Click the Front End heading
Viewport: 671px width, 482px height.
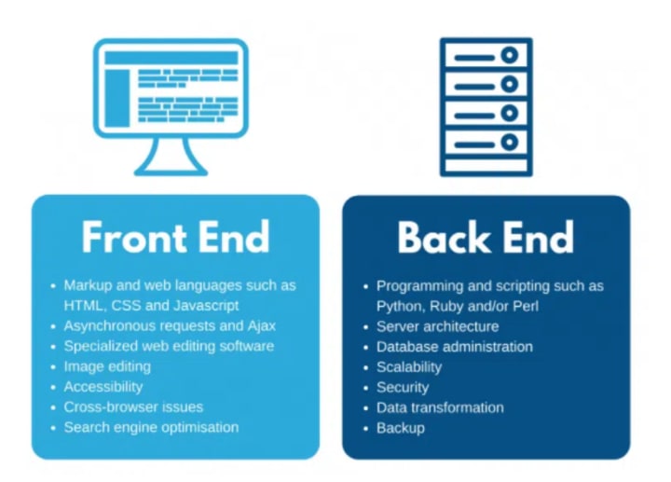coord(175,238)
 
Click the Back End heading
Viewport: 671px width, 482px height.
coord(486,238)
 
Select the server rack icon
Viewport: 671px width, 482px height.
coord(486,104)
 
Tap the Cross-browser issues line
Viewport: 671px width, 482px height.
coord(132,407)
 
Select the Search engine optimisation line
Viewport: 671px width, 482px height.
coord(151,428)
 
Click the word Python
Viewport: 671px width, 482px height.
coord(400,306)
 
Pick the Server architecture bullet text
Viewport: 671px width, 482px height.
coord(437,326)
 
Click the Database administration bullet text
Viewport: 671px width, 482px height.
coord(454,347)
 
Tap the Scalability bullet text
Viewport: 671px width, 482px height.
coord(408,367)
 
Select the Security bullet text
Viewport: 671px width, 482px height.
coord(403,388)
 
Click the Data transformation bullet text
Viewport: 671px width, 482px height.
coord(440,407)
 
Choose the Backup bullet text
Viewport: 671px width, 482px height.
coord(400,428)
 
